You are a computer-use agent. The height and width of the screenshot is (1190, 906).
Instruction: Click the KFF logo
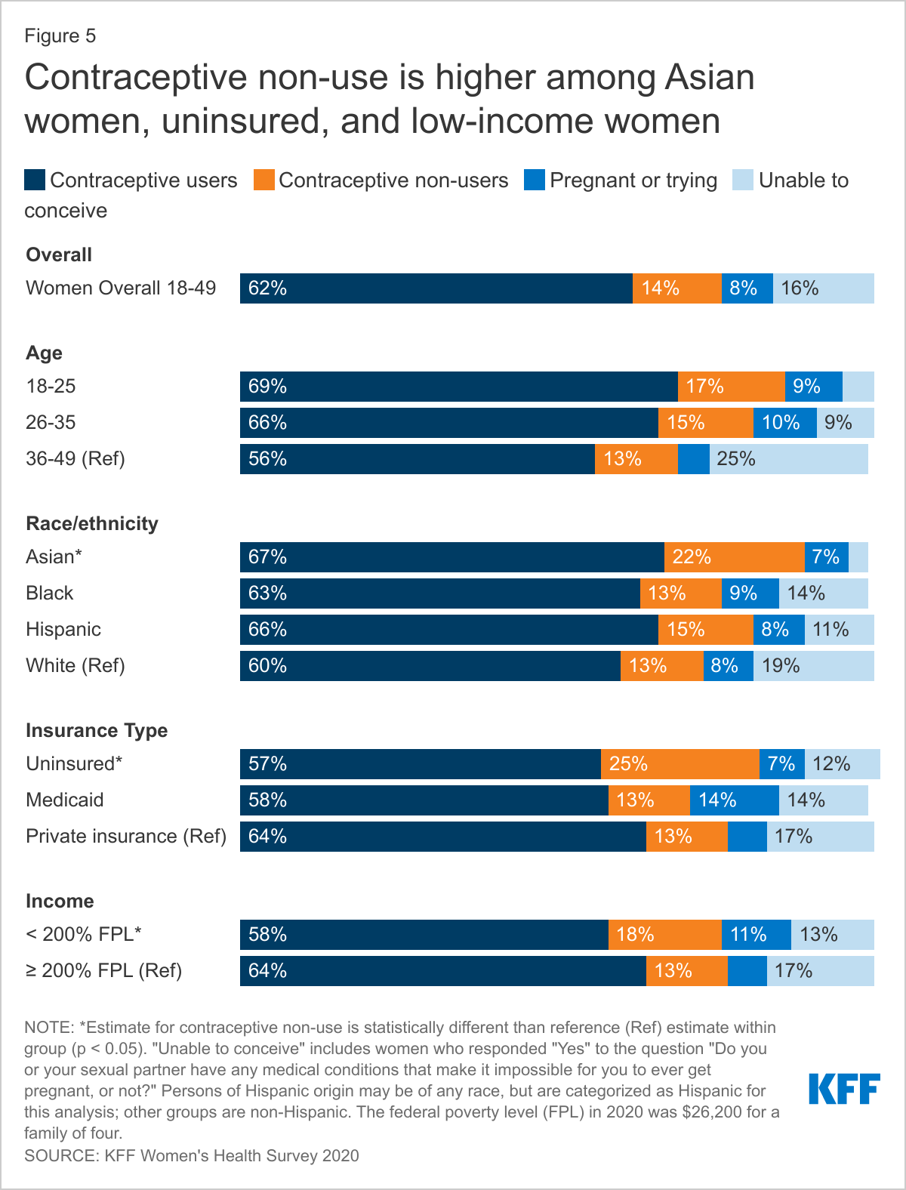point(844,1089)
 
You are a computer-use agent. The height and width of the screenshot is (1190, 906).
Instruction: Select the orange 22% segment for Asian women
point(734,557)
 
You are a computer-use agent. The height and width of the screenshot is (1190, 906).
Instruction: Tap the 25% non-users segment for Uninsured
point(679,764)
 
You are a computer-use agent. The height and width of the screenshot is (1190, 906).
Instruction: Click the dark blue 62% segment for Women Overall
point(436,288)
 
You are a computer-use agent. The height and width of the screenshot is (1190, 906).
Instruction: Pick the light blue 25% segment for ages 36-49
point(788,459)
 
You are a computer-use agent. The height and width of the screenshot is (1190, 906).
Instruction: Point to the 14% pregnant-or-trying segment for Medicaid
point(734,800)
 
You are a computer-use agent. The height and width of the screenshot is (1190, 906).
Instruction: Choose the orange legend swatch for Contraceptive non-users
point(263,180)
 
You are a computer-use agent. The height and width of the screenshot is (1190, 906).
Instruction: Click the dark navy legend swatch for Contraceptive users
point(35,180)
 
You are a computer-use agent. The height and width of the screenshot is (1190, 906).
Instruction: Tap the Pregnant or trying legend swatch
point(535,180)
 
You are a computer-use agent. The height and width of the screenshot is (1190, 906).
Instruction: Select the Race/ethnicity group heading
point(92,523)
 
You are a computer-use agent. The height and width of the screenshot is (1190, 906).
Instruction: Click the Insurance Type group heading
point(97,730)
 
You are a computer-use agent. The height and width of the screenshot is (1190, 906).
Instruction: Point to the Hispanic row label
point(63,630)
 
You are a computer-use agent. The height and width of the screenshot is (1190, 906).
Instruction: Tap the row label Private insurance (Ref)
point(126,837)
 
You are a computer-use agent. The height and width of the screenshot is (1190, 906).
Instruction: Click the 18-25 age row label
point(51,387)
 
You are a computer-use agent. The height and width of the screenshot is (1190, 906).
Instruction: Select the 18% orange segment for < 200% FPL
point(664,935)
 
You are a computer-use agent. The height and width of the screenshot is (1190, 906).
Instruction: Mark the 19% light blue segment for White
point(813,666)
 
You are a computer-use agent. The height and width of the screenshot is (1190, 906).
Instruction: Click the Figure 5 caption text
point(60,36)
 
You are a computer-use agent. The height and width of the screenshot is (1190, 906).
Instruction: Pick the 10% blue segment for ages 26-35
point(784,423)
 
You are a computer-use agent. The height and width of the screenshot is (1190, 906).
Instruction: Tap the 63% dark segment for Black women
point(439,593)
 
